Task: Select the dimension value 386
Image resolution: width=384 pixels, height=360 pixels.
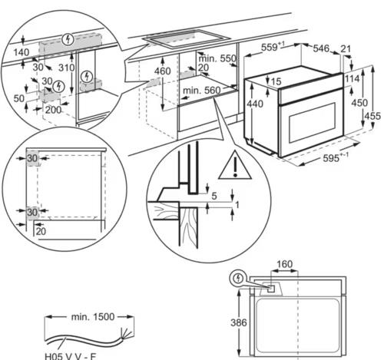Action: pos(239,322)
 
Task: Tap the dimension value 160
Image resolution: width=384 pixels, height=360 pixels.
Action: pos(285,264)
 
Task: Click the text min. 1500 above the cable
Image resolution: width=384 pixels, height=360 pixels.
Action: pos(93,317)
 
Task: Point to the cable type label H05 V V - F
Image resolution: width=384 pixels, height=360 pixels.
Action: pos(71,356)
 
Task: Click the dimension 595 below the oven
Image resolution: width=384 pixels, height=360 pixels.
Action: pos(331,158)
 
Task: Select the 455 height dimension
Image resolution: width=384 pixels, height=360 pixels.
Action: pos(372,116)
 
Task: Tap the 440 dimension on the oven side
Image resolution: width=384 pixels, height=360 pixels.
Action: pos(255,104)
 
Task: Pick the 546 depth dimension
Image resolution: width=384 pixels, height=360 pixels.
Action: pos(321,48)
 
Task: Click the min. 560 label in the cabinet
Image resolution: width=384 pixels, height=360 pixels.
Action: pos(201,91)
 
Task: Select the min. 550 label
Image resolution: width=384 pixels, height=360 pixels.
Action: pos(217,58)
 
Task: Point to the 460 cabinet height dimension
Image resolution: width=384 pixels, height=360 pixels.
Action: pos(163,71)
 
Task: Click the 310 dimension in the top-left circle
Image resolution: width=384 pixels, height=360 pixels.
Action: pos(66,68)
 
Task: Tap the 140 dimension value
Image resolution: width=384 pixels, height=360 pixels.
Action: pos(22,52)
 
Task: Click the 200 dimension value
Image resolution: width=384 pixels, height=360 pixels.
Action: pos(53,110)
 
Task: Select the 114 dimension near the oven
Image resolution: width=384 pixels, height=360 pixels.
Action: pos(353,78)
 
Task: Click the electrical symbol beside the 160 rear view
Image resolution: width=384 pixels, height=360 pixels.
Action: pos(239,278)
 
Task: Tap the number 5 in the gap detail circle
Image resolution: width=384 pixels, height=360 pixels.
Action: pos(214,196)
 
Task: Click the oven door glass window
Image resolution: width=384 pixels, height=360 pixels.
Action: pos(312,123)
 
